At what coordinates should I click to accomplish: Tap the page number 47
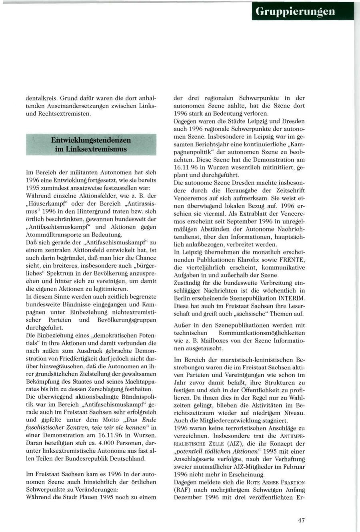point(301,520)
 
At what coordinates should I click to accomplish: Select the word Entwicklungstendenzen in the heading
point(91,140)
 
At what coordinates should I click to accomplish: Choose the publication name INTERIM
point(291,298)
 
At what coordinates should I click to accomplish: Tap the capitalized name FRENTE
point(293,260)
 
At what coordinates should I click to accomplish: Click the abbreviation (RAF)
point(182,490)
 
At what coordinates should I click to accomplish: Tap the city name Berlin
point(183,298)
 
